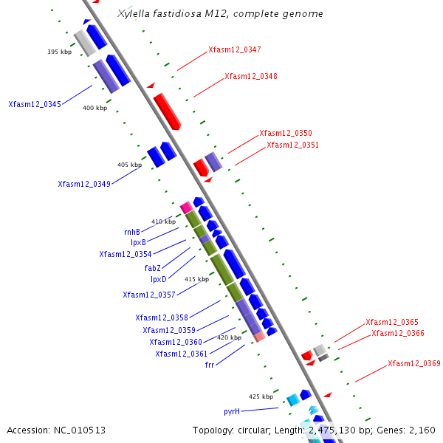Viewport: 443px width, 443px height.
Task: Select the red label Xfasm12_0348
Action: (251, 76)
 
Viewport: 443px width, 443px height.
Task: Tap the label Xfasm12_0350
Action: (285, 133)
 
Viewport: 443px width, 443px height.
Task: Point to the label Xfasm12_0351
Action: (292, 145)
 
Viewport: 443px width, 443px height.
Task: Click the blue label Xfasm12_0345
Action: (35, 104)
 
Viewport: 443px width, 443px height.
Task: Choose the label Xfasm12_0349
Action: (84, 184)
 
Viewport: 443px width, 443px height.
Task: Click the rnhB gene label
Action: (132, 232)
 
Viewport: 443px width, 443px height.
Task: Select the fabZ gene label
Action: (153, 268)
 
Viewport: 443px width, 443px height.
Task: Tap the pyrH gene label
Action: (232, 411)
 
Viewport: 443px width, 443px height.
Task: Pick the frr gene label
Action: (210, 365)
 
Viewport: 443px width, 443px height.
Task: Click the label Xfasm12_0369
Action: (413, 363)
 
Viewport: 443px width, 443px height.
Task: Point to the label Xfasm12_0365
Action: (391, 322)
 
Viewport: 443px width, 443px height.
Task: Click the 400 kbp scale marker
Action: (95, 108)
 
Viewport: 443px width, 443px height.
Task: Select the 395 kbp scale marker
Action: (59, 52)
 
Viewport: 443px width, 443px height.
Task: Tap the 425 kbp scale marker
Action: (261, 396)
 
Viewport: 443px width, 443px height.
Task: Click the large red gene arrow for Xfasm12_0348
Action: (167, 110)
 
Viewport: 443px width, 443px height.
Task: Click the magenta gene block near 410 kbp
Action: (186, 207)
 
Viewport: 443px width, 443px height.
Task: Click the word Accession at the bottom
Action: (28, 430)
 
